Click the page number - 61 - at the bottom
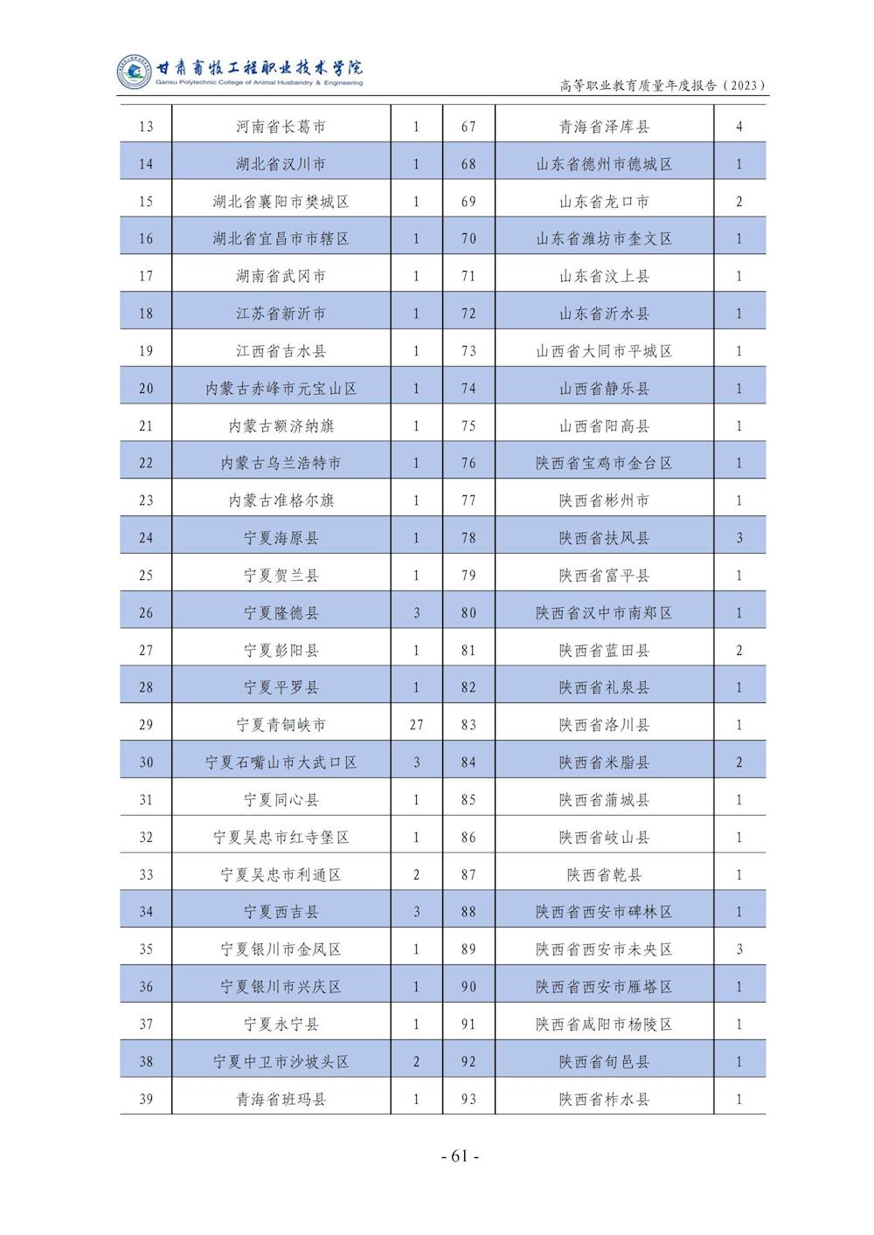point(461,1156)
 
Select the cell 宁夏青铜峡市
point(281,725)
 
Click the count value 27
point(416,725)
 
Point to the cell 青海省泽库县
point(604,127)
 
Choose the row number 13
point(146,127)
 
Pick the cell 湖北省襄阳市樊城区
point(281,202)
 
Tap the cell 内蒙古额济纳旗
point(281,426)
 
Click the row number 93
point(468,1100)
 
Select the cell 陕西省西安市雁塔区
point(604,987)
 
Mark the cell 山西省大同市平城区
point(604,351)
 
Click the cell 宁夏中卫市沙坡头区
point(281,1062)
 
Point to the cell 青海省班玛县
point(281,1100)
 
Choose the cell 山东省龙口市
point(604,202)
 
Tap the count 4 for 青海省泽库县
point(739,127)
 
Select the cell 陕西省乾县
point(604,874)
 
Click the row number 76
point(468,463)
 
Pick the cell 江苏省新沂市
point(281,314)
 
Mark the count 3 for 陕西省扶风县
point(739,538)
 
